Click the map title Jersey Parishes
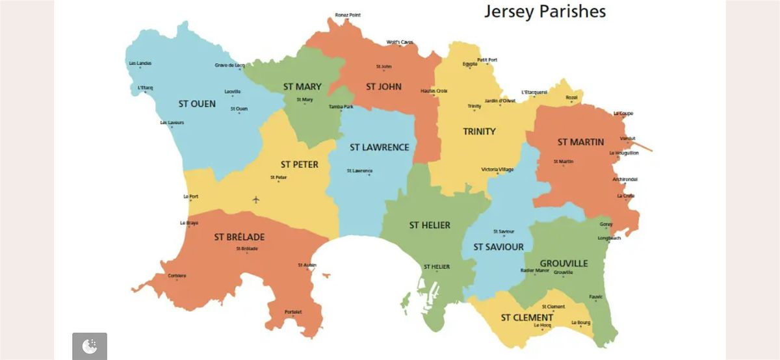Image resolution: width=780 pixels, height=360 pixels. [544, 12]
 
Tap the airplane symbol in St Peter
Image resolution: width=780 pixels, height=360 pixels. [255, 199]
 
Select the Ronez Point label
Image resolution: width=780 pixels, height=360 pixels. [348, 15]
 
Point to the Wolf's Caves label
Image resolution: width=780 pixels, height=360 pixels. [400, 42]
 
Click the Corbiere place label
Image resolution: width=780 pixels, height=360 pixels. [177, 276]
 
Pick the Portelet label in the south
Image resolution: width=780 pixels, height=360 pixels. [293, 312]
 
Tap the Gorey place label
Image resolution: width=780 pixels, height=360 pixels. [606, 224]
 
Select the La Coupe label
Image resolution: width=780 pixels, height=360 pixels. [623, 114]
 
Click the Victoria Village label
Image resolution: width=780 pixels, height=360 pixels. [497, 170]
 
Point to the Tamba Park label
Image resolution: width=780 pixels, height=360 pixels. [341, 107]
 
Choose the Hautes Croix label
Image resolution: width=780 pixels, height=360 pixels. [434, 91]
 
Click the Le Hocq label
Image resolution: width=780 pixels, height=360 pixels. [542, 325]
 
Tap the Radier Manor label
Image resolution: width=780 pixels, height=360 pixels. [535, 270]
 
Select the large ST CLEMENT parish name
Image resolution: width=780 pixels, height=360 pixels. [526, 318]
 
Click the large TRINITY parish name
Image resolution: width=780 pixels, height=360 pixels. [479, 131]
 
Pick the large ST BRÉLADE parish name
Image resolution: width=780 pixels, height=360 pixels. [239, 237]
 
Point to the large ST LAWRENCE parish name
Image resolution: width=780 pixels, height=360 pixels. [380, 148]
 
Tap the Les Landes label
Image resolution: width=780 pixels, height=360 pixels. [140, 63]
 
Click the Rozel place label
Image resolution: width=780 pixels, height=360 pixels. [572, 97]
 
